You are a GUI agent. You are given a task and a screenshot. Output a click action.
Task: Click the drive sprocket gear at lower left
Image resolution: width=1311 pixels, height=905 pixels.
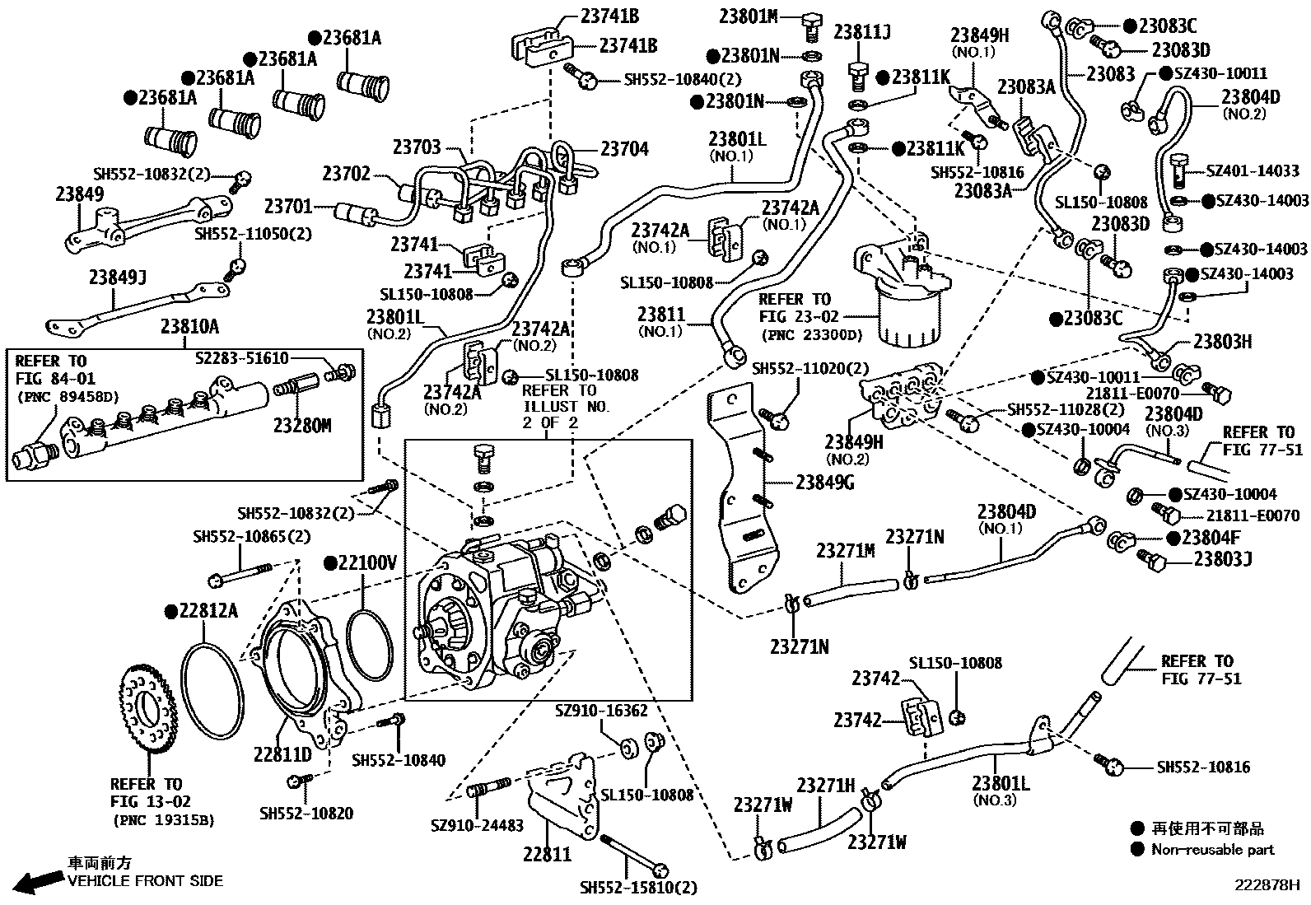tap(148, 715)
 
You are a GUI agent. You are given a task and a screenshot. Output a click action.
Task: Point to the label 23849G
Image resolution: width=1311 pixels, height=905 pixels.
tap(824, 483)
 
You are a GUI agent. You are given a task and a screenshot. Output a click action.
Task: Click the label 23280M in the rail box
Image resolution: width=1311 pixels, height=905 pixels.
tap(302, 426)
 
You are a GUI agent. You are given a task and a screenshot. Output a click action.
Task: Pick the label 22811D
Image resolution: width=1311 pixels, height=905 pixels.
tap(282, 754)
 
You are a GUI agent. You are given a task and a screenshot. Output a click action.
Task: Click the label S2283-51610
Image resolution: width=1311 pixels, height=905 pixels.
tap(242, 357)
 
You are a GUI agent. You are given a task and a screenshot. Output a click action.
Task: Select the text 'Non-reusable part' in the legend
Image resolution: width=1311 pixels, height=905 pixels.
tap(1212, 850)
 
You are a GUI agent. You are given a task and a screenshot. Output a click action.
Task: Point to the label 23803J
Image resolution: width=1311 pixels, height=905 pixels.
tap(1223, 559)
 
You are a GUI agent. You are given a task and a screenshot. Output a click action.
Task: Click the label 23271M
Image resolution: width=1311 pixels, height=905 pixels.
tap(846, 551)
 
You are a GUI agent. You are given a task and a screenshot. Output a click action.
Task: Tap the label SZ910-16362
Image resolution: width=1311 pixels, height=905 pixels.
tap(601, 710)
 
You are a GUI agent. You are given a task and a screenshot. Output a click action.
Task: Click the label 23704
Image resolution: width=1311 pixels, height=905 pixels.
tap(624, 149)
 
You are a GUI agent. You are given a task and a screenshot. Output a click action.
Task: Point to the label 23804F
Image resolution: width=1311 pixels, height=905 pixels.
tap(1211, 538)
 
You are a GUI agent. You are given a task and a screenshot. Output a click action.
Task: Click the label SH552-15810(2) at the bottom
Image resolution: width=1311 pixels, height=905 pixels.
tap(638, 888)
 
